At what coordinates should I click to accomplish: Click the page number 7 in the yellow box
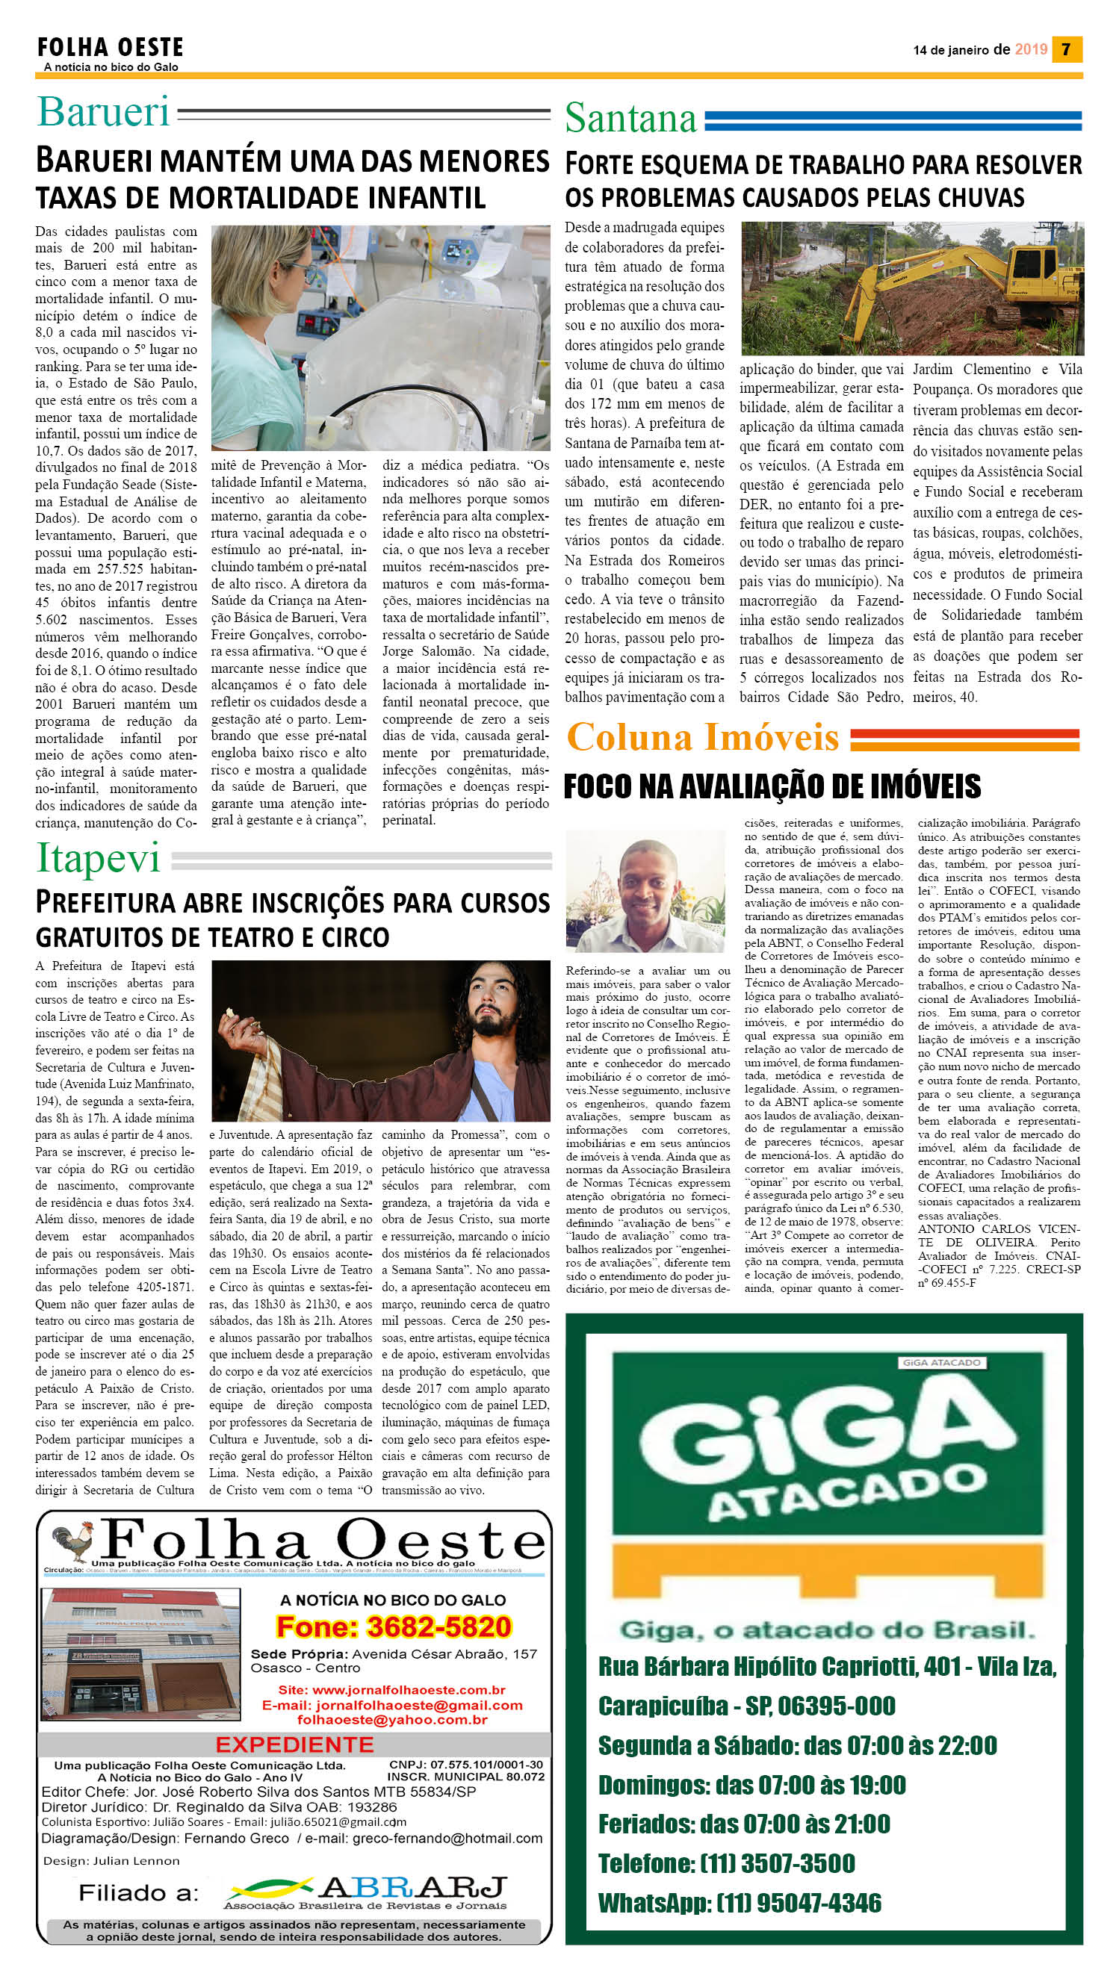tap(1066, 49)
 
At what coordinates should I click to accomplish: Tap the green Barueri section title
tap(103, 112)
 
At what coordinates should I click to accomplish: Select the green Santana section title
tap(630, 119)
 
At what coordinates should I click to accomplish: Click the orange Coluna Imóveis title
tap(702, 738)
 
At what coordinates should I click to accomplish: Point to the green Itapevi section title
tap(99, 858)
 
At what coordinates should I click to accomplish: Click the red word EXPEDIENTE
tap(294, 1744)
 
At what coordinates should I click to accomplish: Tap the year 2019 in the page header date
tap(1031, 49)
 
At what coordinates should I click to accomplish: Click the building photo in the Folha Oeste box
tap(141, 1655)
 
